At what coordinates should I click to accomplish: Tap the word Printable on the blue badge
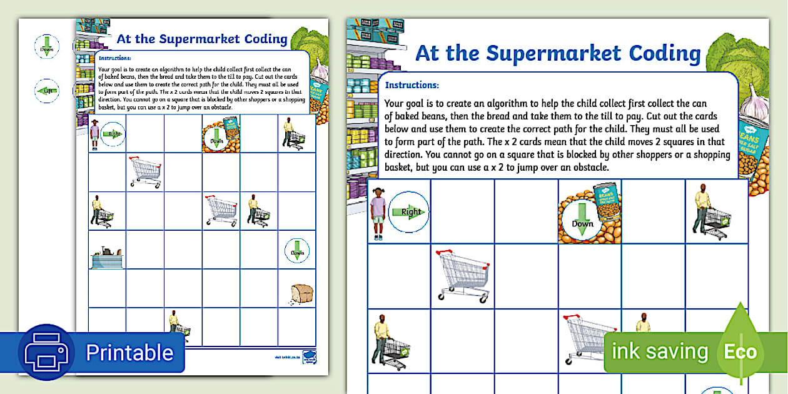(x=129, y=353)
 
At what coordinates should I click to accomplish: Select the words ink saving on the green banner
(x=659, y=351)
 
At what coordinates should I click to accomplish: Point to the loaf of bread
(x=302, y=293)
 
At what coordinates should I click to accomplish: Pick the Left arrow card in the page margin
(x=46, y=91)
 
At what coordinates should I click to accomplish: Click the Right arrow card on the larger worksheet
(x=409, y=212)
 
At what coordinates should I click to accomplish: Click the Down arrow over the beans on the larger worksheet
(x=582, y=223)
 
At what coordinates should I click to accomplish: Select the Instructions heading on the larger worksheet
(x=412, y=85)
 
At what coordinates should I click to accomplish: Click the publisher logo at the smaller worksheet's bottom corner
(x=308, y=356)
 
